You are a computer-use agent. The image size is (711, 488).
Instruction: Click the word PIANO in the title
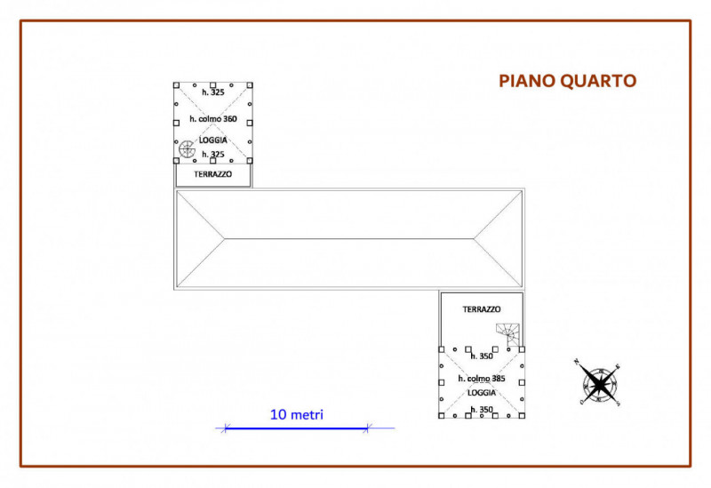pyautogui.click(x=526, y=82)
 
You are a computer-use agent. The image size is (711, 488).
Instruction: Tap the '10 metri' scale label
pyautogui.click(x=297, y=414)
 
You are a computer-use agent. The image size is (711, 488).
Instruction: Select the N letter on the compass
pyautogui.click(x=577, y=362)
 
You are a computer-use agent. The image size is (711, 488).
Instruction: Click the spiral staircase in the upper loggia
pyautogui.click(x=188, y=149)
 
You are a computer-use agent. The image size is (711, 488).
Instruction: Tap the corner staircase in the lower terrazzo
pyautogui.click(x=508, y=335)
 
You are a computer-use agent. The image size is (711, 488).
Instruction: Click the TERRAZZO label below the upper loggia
pyautogui.click(x=212, y=175)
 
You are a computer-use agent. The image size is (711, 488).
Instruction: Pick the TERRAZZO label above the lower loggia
pyautogui.click(x=481, y=309)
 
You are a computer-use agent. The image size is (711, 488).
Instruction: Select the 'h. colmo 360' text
pyautogui.click(x=213, y=119)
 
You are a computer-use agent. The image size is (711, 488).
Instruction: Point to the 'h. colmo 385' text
pyautogui.click(x=481, y=379)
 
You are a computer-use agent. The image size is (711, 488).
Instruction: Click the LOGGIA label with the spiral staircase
pyautogui.click(x=213, y=140)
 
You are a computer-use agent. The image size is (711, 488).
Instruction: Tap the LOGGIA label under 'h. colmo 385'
pyautogui.click(x=482, y=392)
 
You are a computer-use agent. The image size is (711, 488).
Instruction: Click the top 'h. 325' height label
pyautogui.click(x=213, y=92)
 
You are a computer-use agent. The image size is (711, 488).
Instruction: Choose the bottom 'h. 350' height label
pyautogui.click(x=481, y=409)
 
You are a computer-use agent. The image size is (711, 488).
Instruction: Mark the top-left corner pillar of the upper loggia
pyautogui.click(x=176, y=86)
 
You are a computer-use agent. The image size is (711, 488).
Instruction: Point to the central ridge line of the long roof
pyautogui.click(x=348, y=238)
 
